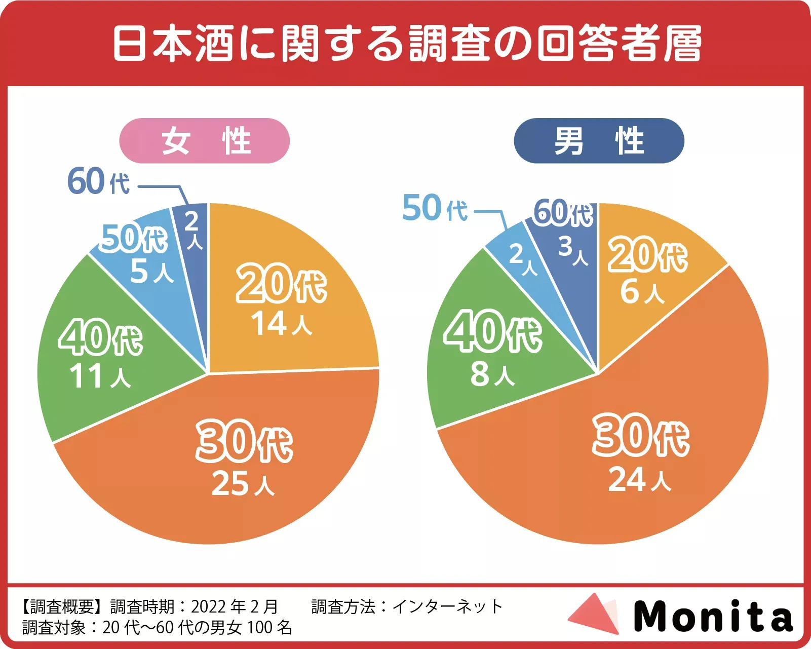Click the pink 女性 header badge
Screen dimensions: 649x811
[x=204, y=141]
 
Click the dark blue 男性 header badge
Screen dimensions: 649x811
[x=599, y=141]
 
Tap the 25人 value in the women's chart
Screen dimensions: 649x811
[x=243, y=484]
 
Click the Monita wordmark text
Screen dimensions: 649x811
[x=713, y=616]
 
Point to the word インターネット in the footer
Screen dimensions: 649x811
[x=447, y=606]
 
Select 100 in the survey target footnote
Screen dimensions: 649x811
[x=260, y=628]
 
